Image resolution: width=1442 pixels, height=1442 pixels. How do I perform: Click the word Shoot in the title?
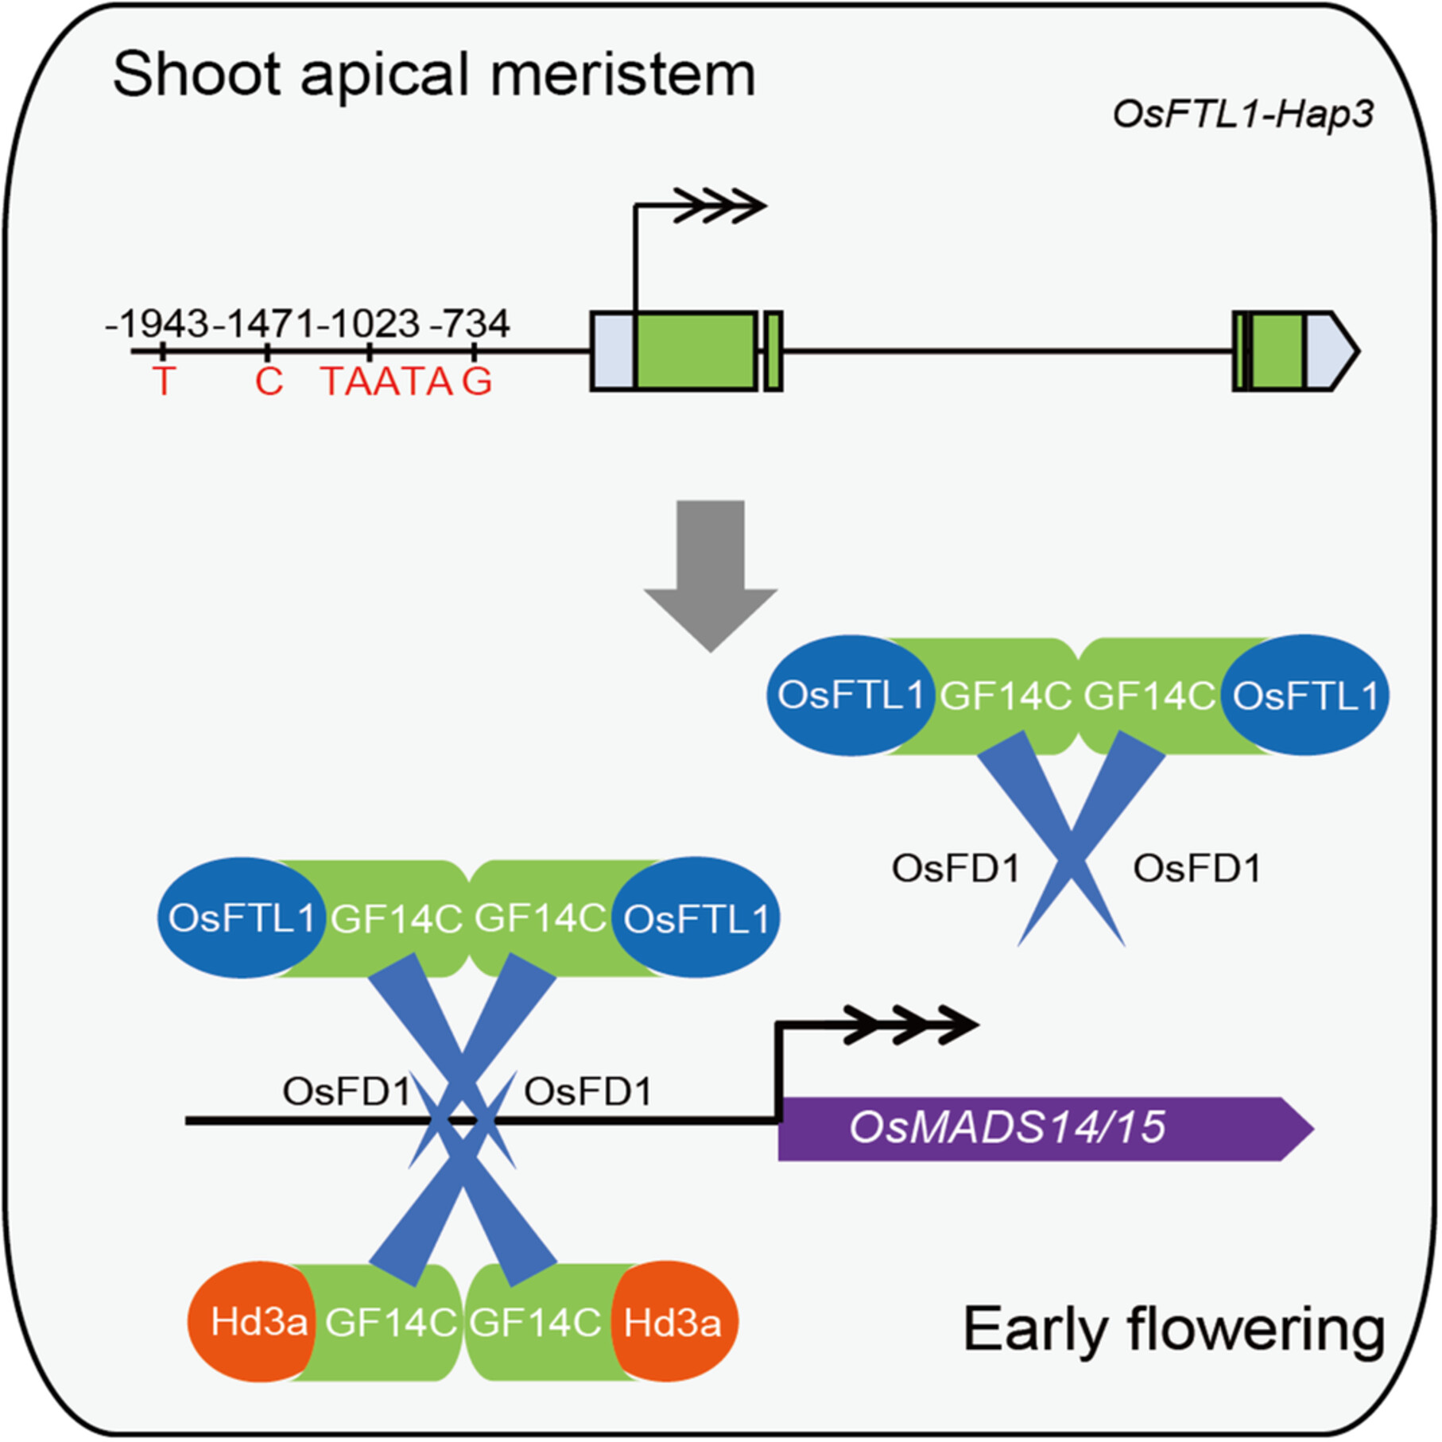coord(199,74)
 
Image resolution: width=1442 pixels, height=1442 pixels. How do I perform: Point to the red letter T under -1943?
coord(163,382)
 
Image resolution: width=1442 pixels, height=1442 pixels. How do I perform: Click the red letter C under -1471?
coord(269,382)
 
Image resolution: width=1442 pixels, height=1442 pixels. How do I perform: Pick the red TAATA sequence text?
coord(387,382)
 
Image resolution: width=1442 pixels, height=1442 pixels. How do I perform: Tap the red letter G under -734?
coord(477,382)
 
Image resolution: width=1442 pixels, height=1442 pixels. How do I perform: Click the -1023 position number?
coord(367,324)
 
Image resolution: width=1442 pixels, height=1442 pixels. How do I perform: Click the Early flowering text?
coord(1174,1330)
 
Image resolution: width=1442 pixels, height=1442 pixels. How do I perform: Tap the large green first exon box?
coord(696,351)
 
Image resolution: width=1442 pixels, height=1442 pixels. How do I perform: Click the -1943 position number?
coord(157,324)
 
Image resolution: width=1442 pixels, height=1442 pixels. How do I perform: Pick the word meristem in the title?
coord(622,74)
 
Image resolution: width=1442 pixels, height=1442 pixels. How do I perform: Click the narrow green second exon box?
coord(773,351)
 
